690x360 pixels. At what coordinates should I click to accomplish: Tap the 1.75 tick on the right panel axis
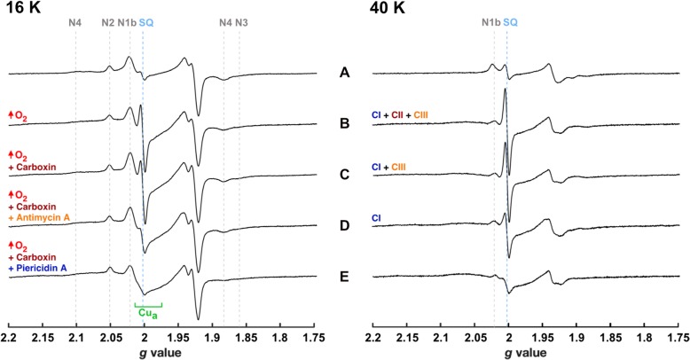(678, 338)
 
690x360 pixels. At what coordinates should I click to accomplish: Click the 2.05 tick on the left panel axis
(110, 338)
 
